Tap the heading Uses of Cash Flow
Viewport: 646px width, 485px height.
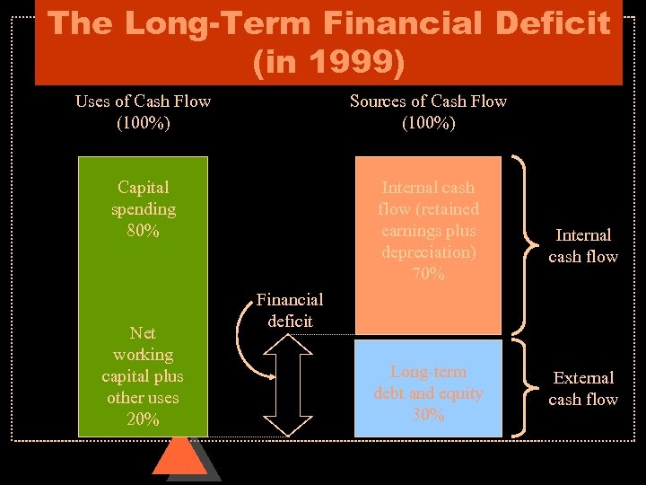click(143, 101)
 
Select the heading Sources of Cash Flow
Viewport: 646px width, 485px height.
click(428, 101)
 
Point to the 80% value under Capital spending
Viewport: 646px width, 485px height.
click(144, 231)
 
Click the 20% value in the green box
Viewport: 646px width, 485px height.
click(144, 419)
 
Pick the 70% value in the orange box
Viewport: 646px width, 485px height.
click(428, 274)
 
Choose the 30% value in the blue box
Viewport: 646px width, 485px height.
click(428, 414)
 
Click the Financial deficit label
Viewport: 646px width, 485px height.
click(290, 310)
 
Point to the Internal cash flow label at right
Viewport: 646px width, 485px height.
click(583, 245)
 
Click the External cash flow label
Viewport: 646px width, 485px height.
click(583, 388)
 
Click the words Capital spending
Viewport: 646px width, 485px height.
click(144, 198)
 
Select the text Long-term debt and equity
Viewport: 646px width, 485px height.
click(428, 382)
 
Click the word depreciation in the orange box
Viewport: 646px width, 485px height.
click(428, 252)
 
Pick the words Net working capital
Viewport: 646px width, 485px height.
click(144, 355)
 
